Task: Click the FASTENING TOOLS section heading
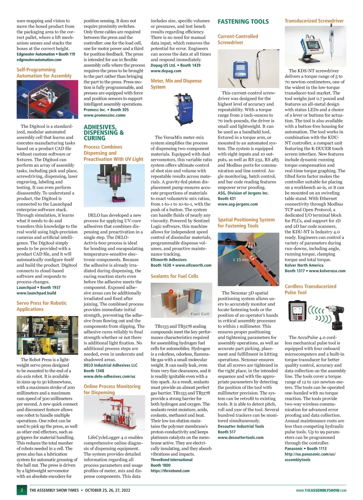coord(243,21)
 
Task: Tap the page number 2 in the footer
coord(21,490)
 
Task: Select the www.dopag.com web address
coord(166,71)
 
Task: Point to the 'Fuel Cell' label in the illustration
coord(200,314)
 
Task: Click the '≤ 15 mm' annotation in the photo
coord(241,260)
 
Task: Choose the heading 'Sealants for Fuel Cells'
coord(175,276)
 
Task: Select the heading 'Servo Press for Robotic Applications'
coord(42,306)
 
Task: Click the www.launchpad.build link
coord(36,293)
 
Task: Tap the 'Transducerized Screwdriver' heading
coord(314,21)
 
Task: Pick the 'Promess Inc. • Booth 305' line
coord(106,110)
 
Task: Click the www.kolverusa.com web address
coord(327,271)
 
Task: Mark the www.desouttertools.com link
coord(240,437)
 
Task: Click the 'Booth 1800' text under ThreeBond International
coord(161,465)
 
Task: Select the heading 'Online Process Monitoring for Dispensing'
coord(112,389)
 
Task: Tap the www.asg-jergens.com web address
coord(238,204)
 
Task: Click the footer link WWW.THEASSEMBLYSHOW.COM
coord(321,490)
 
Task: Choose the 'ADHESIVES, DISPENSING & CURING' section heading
coord(104,133)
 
